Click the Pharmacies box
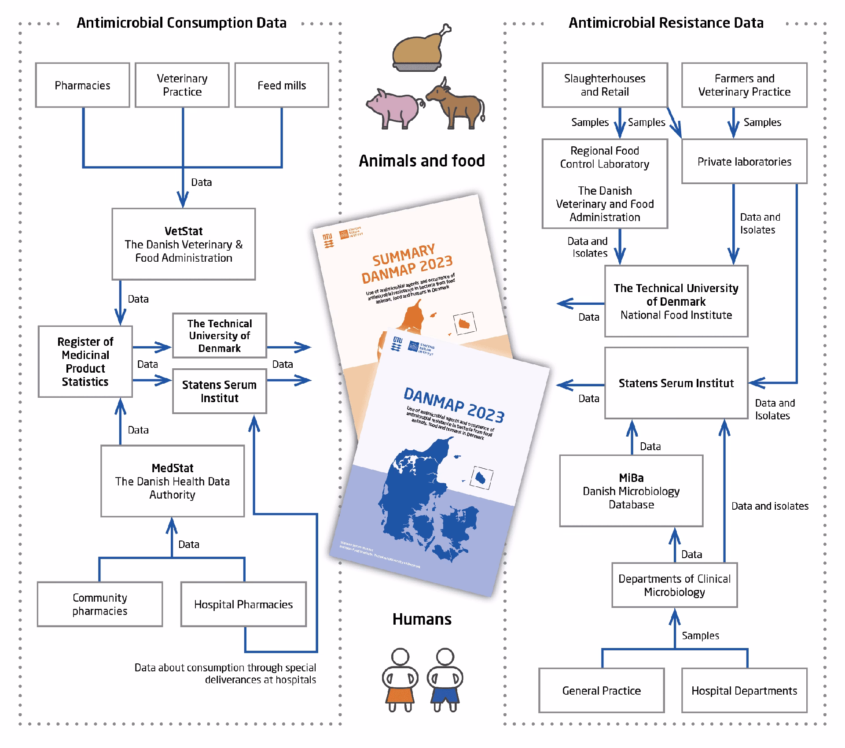point(82,85)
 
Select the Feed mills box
point(282,85)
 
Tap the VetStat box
point(184,244)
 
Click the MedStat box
point(173,481)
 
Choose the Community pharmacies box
point(100,604)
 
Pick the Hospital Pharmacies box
point(243,604)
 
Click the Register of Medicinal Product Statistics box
point(85,361)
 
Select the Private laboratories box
point(744,161)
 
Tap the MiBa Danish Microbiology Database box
point(631,491)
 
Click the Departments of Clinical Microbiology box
point(674,585)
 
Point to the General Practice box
point(601,690)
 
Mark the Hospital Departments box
point(744,690)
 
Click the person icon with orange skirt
point(400,681)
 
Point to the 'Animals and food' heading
point(422,161)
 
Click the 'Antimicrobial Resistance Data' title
point(666,23)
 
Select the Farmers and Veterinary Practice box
point(744,85)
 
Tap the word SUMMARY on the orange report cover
point(403,256)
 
